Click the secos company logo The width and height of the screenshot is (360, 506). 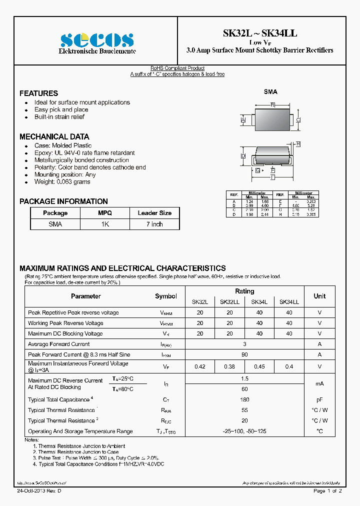[x=96, y=39]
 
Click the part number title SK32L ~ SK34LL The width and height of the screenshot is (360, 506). [x=260, y=33]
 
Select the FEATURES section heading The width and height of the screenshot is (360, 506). [x=38, y=93]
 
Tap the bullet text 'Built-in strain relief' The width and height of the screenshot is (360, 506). [x=59, y=117]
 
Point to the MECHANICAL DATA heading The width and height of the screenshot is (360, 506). [x=54, y=136]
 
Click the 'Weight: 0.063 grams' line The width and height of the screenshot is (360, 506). [x=62, y=182]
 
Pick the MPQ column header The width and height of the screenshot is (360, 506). [x=105, y=213]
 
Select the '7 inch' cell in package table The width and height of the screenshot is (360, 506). [x=154, y=224]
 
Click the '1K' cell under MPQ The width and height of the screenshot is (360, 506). [x=105, y=224]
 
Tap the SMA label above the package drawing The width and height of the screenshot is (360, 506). [x=270, y=92]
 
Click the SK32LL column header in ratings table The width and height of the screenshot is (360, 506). [x=229, y=302]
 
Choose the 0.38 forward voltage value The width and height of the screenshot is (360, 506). [x=229, y=366]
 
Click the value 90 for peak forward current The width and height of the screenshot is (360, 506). [x=244, y=354]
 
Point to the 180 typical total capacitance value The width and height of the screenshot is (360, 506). [x=244, y=399]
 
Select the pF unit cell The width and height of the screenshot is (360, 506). [x=319, y=399]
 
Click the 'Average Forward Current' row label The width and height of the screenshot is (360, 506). [x=59, y=344]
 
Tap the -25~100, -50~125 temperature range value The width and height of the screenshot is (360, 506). [x=244, y=431]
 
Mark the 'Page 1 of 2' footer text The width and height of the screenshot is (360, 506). [x=327, y=491]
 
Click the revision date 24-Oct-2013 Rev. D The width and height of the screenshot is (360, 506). [x=39, y=491]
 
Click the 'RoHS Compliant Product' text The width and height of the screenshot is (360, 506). [x=177, y=68]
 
